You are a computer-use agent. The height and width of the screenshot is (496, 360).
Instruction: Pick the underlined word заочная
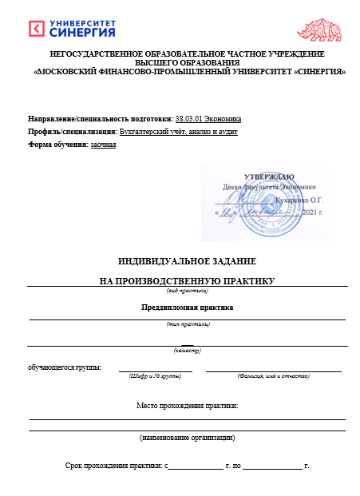(103, 144)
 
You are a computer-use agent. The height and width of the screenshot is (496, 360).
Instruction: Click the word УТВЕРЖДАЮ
(269, 176)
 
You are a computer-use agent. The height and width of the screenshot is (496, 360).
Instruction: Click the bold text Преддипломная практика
(187, 308)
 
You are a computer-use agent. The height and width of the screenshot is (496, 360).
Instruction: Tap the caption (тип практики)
(188, 324)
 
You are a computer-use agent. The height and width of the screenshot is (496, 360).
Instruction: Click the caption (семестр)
(188, 351)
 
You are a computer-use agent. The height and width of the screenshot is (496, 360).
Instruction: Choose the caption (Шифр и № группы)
(155, 375)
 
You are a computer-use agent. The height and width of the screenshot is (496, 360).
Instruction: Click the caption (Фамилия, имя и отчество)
(273, 375)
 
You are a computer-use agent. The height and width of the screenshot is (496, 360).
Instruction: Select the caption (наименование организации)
(187, 437)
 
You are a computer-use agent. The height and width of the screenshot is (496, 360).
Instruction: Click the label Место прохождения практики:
(187, 407)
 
